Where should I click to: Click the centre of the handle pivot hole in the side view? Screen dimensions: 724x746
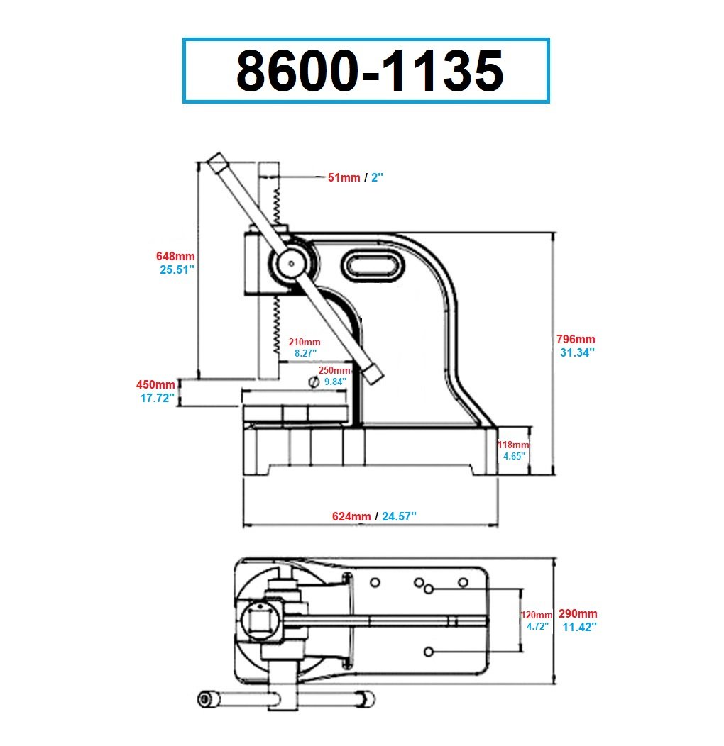pyautogui.click(x=290, y=263)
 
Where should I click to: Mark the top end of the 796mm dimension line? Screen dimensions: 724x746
pyautogui.click(x=553, y=233)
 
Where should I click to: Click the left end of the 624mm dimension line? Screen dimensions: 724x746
pyautogui.click(x=244, y=525)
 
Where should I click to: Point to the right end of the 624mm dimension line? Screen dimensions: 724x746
pyautogui.click(x=498, y=525)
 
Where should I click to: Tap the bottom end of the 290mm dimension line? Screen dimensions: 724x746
pyautogui.click(x=554, y=683)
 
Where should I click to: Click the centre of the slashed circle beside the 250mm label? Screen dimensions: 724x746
pyautogui.click(x=314, y=382)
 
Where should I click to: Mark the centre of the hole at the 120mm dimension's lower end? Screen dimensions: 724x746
pyautogui.click(x=428, y=652)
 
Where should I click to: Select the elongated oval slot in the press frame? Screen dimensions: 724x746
pyautogui.click(x=372, y=265)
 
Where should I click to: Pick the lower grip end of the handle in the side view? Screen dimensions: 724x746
pyautogui.click(x=373, y=372)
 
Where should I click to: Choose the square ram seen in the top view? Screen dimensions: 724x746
pyautogui.click(x=260, y=621)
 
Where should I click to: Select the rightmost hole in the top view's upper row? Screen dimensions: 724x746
pyautogui.click(x=463, y=582)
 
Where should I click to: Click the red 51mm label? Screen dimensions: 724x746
pyautogui.click(x=344, y=177)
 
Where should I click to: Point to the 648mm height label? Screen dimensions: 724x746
pyautogui.click(x=175, y=256)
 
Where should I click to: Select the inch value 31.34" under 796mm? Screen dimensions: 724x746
pyautogui.click(x=577, y=352)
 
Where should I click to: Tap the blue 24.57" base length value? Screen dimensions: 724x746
pyautogui.click(x=399, y=516)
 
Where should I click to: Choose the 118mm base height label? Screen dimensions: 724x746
pyautogui.click(x=513, y=445)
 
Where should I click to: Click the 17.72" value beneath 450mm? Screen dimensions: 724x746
pyautogui.click(x=157, y=399)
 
